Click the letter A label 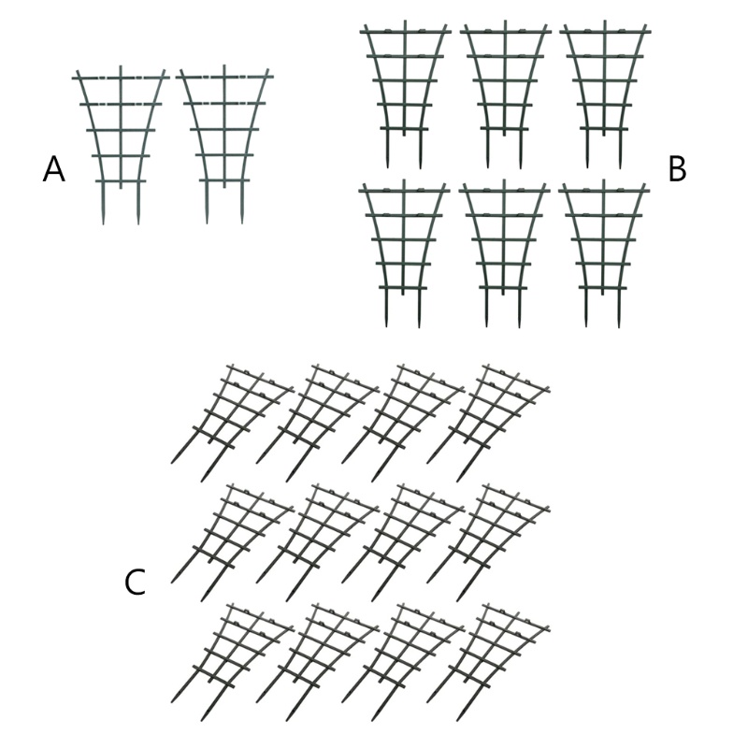[x=54, y=170]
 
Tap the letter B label [x=677, y=170]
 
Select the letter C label [x=135, y=583]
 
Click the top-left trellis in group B [x=405, y=89]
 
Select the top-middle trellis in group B [x=506, y=89]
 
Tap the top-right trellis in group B [x=606, y=89]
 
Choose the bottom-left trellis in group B [x=405, y=248]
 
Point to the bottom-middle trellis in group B [x=506, y=248]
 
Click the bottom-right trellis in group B [x=606, y=248]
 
